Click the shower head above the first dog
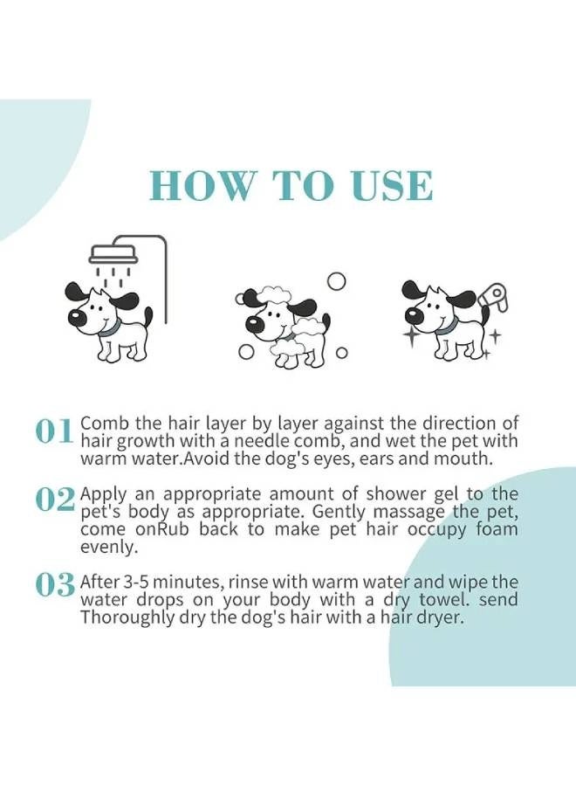113,253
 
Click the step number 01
54,431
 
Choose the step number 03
54,585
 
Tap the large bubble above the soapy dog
336,281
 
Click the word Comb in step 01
99,424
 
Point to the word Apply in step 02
100,493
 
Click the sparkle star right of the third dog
495,334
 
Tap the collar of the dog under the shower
107,329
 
